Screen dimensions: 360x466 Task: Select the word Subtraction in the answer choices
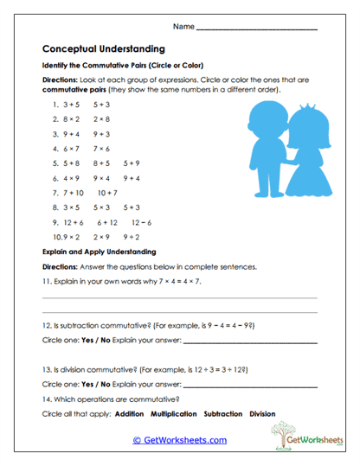click(223, 414)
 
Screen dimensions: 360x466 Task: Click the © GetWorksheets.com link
click(179, 440)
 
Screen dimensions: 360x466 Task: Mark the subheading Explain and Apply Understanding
click(98, 252)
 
